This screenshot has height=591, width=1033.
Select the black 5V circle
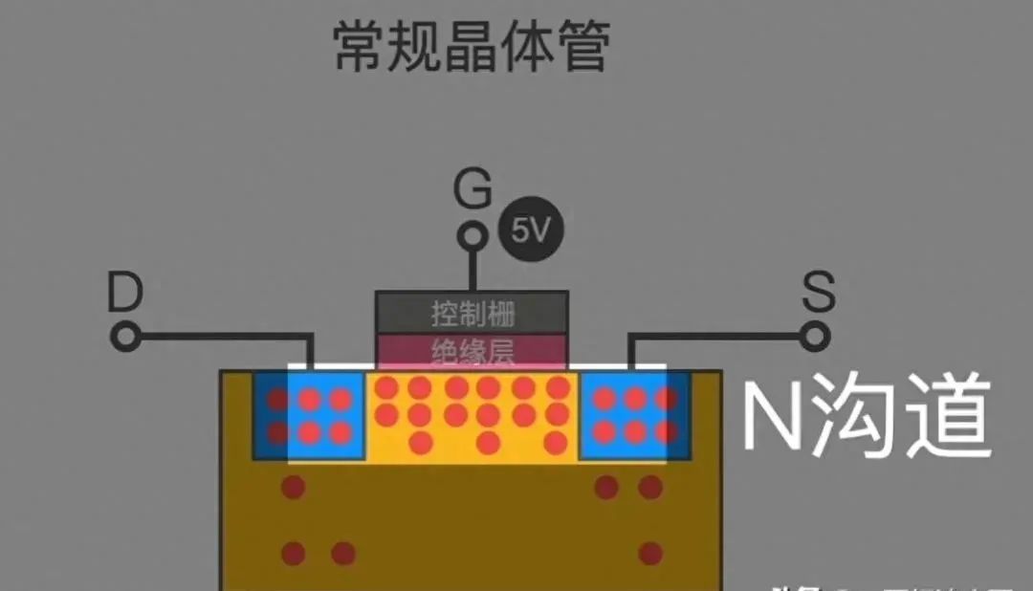(531, 230)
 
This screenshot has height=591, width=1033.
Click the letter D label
(124, 294)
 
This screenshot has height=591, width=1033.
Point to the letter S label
(818, 294)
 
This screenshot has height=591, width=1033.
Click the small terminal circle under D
(125, 336)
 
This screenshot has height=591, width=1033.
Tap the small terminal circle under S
(815, 336)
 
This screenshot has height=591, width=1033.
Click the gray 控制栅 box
(473, 313)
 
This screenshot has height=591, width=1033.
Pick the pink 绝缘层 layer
(473, 351)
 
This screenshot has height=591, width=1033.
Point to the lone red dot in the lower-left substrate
(294, 488)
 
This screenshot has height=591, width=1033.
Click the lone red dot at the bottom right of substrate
(650, 553)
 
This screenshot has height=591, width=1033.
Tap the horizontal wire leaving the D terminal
(220, 336)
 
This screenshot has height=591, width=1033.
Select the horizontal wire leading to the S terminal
(717, 336)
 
